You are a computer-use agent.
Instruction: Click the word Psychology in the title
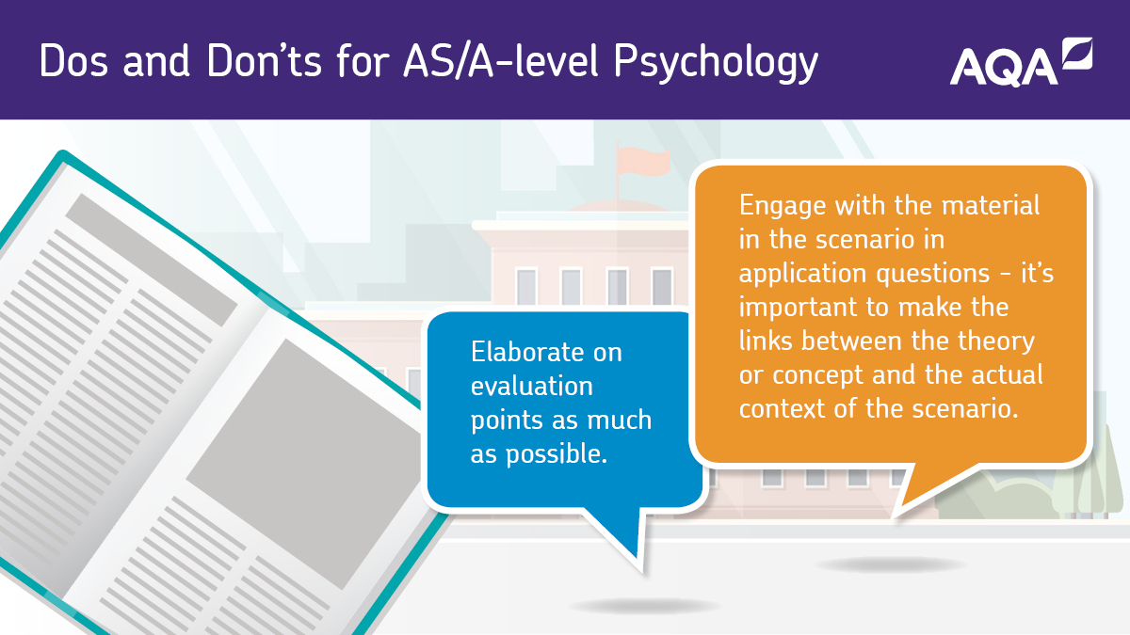[x=716, y=62]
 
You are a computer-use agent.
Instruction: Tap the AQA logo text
[x=1004, y=68]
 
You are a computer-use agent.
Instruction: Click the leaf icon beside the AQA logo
[x=1077, y=53]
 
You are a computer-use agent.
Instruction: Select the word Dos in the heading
[x=73, y=61]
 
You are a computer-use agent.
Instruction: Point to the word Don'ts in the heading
[x=264, y=61]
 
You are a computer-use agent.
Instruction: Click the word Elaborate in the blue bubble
[x=546, y=352]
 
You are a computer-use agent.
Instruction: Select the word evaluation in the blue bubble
[x=532, y=386]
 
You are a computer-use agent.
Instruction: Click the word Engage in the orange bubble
[x=783, y=207]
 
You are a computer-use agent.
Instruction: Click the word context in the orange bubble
[x=782, y=408]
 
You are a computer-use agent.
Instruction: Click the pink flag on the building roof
[x=644, y=161]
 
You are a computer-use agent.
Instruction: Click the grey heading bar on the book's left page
[x=152, y=260]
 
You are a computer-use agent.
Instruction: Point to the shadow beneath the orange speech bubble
[x=891, y=564]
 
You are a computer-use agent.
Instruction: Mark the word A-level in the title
[x=534, y=60]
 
